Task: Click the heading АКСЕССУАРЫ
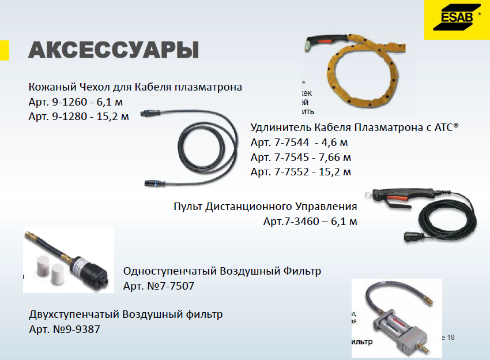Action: [114, 50]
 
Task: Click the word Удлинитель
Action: [281, 127]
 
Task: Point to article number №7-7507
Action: [176, 286]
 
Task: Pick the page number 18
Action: [450, 337]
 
